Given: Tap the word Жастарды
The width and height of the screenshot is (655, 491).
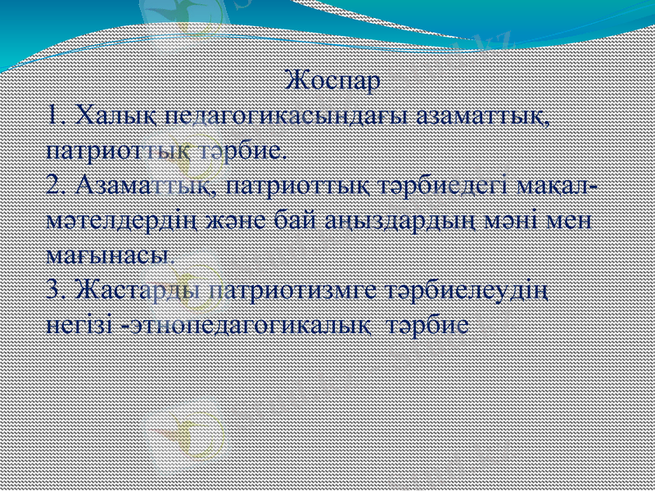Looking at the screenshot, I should (x=136, y=289).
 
